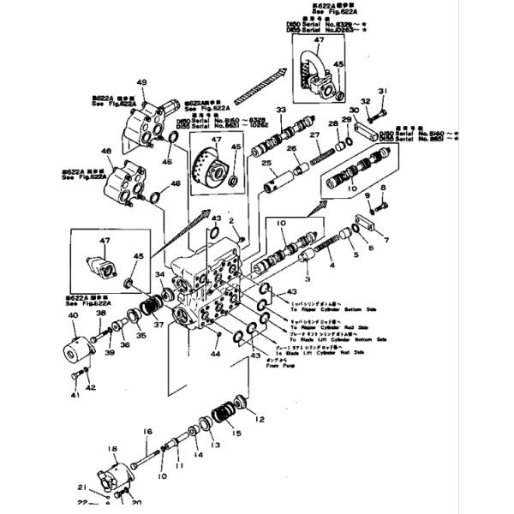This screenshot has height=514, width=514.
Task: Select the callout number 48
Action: pos(106,152)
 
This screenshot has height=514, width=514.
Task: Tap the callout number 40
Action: pos(73,315)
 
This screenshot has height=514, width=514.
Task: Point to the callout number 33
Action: pos(279,111)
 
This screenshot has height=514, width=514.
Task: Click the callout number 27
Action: pos(314,135)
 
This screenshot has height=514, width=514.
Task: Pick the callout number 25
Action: pos(266,163)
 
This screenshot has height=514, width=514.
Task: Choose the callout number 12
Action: pos(261,420)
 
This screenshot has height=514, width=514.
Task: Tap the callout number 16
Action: pos(146,431)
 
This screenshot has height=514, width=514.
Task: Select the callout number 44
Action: pos(216,353)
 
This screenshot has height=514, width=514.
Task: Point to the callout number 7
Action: pos(386,240)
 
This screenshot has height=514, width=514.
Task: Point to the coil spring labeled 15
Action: pos(229,415)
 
